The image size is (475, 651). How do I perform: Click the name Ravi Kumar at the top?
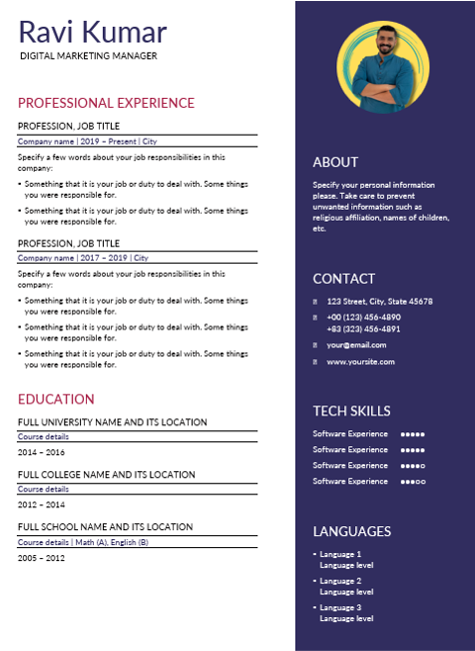click(92, 31)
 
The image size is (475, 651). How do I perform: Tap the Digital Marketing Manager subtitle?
click(88, 56)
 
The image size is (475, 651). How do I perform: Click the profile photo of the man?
click(383, 68)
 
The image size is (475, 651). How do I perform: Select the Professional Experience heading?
click(106, 103)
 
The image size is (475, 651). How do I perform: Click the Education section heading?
click(56, 399)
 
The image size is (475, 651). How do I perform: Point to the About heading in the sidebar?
click(335, 162)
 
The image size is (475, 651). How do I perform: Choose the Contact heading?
click(343, 279)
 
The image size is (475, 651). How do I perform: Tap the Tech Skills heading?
click(351, 410)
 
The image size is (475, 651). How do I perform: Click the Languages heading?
click(351, 531)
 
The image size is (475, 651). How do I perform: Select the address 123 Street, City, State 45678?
click(379, 302)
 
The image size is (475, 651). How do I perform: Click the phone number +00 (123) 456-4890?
click(363, 317)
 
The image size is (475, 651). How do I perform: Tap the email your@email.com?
click(356, 344)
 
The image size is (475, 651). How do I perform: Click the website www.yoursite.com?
click(360, 361)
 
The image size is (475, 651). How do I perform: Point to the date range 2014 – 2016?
click(41, 451)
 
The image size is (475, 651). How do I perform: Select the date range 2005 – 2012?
click(41, 557)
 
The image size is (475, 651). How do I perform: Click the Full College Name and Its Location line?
click(107, 474)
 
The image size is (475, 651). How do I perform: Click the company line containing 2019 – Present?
click(88, 142)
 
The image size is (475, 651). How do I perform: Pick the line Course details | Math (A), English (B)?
click(83, 542)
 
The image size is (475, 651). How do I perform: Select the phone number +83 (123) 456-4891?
click(363, 328)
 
